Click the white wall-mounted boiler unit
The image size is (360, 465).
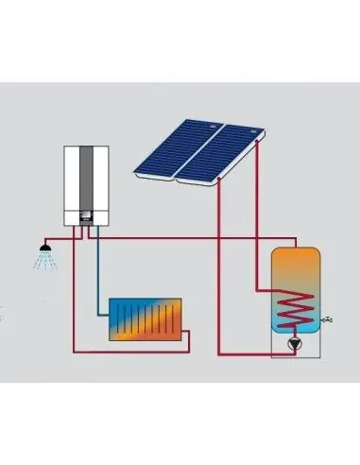pos(72,185)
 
